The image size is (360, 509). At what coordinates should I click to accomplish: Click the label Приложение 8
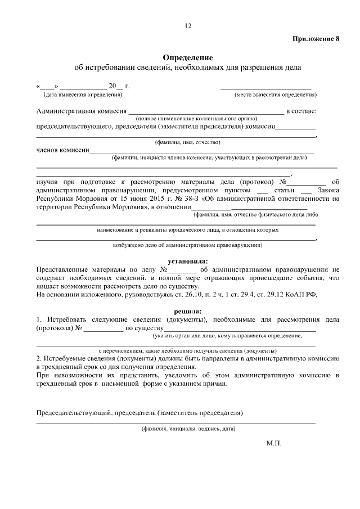[x=316, y=39]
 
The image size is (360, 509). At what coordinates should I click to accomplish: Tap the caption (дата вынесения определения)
[x=79, y=94]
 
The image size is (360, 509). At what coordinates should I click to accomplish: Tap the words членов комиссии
[x=62, y=150]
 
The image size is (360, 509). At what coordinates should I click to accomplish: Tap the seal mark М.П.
[x=273, y=443]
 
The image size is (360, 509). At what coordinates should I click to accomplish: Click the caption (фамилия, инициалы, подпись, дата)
[x=188, y=429]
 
